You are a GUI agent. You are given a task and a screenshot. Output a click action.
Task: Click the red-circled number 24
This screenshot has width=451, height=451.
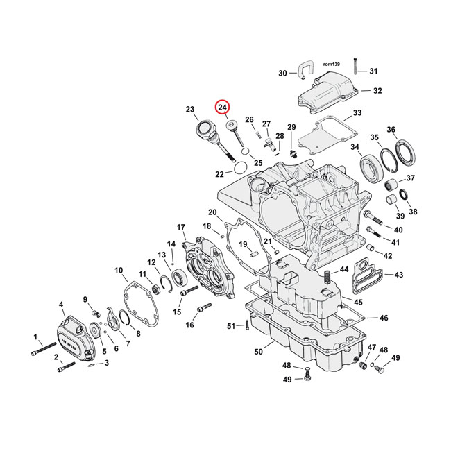222,108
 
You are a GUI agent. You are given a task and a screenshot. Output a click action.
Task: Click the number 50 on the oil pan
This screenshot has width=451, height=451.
258,352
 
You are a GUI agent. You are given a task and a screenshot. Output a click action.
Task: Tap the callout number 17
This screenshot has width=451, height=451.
181,227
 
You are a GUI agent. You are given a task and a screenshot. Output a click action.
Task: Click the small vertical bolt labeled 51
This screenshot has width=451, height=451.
246,326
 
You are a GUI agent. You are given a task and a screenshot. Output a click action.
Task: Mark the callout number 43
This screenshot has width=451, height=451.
398,275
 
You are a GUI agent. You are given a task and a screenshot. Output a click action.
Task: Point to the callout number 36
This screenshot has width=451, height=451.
410,130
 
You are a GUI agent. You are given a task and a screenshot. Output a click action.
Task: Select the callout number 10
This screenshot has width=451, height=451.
119,270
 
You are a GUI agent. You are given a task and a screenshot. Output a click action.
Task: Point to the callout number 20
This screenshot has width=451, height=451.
212,212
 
